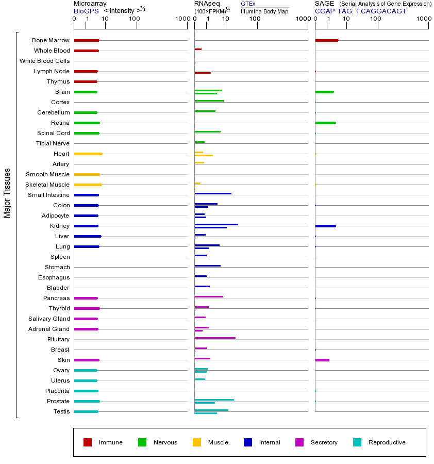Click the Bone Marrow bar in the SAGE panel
point(326,40)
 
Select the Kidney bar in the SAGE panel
point(325,226)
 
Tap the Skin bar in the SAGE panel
point(322,360)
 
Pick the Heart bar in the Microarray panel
point(88,154)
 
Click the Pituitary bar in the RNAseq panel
point(214,338)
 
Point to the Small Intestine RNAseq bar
point(212,193)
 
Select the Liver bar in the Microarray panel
point(87,236)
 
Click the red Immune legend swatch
point(88,442)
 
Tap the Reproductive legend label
point(387,442)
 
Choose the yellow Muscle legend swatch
point(197,442)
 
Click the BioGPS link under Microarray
point(85,11)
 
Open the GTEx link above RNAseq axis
point(248,4)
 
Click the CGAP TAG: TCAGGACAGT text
point(360,11)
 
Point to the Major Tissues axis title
point(7,193)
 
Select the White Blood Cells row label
point(44,61)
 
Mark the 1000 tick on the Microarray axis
point(181,19)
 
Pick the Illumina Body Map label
point(264,11)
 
